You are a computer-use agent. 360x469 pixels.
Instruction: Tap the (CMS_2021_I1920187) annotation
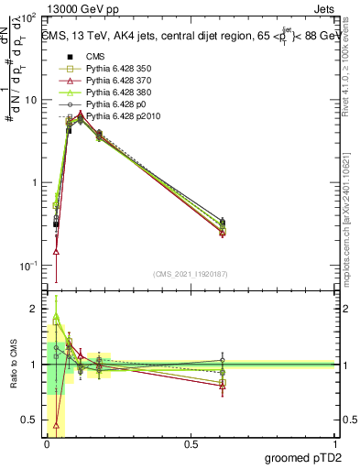tap(190, 274)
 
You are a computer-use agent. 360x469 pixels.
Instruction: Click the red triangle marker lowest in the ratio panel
tap(57, 425)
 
